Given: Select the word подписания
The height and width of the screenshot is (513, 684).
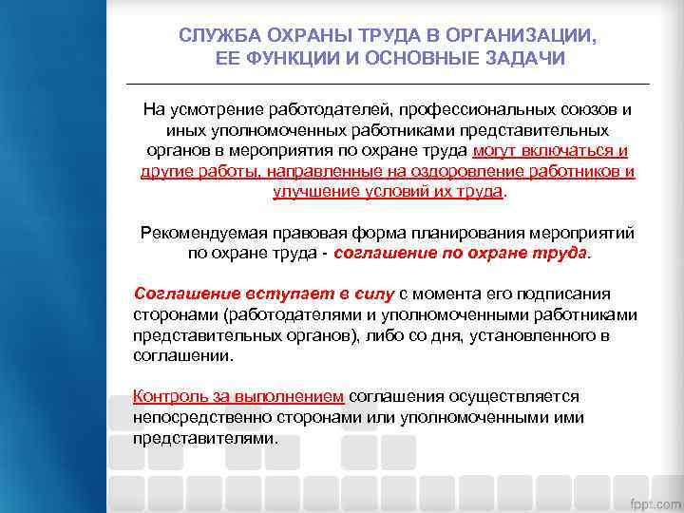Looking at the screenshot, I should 567,294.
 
